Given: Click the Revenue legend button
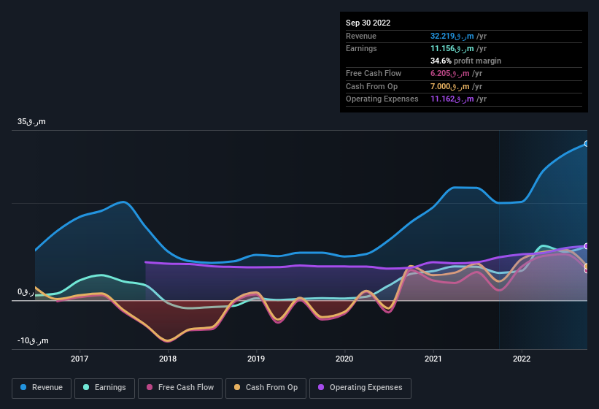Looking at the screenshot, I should click(42, 387).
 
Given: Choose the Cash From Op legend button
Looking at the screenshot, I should click(266, 387).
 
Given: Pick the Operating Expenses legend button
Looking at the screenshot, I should click(360, 387).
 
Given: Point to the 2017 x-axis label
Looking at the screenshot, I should click(80, 359).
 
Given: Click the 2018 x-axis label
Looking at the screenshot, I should click(168, 359).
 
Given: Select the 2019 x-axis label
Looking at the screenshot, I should click(256, 359).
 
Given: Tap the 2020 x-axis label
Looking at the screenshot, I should click(344, 359).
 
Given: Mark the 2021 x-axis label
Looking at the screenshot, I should click(433, 359).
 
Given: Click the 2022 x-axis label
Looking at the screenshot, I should click(522, 359).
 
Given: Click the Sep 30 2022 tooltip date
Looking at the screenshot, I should click(368, 23).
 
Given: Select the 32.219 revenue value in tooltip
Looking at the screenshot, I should click(456, 36).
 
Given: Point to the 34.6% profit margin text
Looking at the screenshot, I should click(465, 61).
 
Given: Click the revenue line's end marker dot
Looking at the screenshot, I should click(587, 144).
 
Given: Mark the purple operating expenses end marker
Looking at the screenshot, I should click(587, 246).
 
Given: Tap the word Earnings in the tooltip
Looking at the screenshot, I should click(361, 48).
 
